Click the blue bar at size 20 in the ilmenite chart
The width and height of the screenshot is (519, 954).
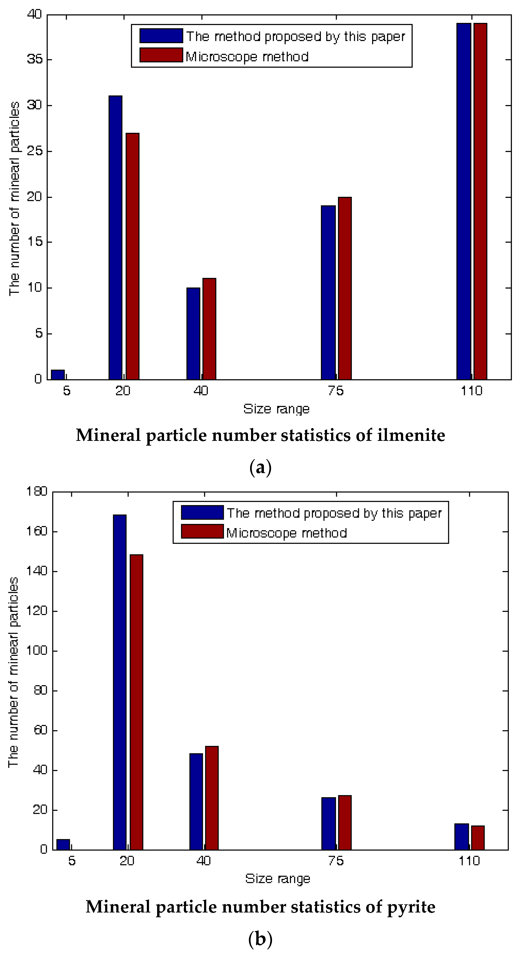(115, 237)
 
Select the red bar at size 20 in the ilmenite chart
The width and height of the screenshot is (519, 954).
(133, 255)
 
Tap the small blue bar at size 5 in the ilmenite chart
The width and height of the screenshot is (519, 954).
(58, 374)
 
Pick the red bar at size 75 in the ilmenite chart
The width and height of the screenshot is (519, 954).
(345, 288)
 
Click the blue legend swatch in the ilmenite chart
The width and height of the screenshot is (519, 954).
(161, 36)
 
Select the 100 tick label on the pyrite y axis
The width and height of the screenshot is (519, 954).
(37, 651)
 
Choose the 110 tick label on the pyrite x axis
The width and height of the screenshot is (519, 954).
(469, 861)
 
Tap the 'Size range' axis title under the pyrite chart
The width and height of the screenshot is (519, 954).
(278, 878)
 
